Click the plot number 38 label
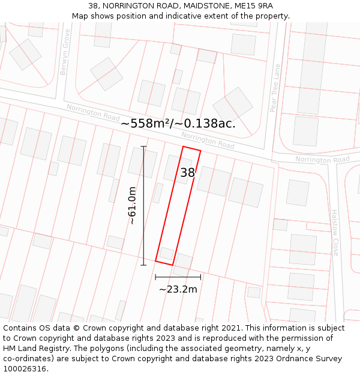[x=187, y=173]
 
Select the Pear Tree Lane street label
[x=275, y=88]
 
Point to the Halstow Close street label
[x=335, y=232]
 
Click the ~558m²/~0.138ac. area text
[x=178, y=124]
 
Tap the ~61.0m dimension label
[x=132, y=205]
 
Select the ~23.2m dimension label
[x=178, y=289]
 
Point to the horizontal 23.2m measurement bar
[x=178, y=277]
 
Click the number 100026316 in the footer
[x=25, y=369]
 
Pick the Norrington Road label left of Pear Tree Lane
[x=208, y=141]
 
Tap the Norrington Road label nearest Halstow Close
[x=322, y=160]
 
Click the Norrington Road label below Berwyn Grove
[x=93, y=112]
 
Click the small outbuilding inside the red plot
[x=166, y=253]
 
